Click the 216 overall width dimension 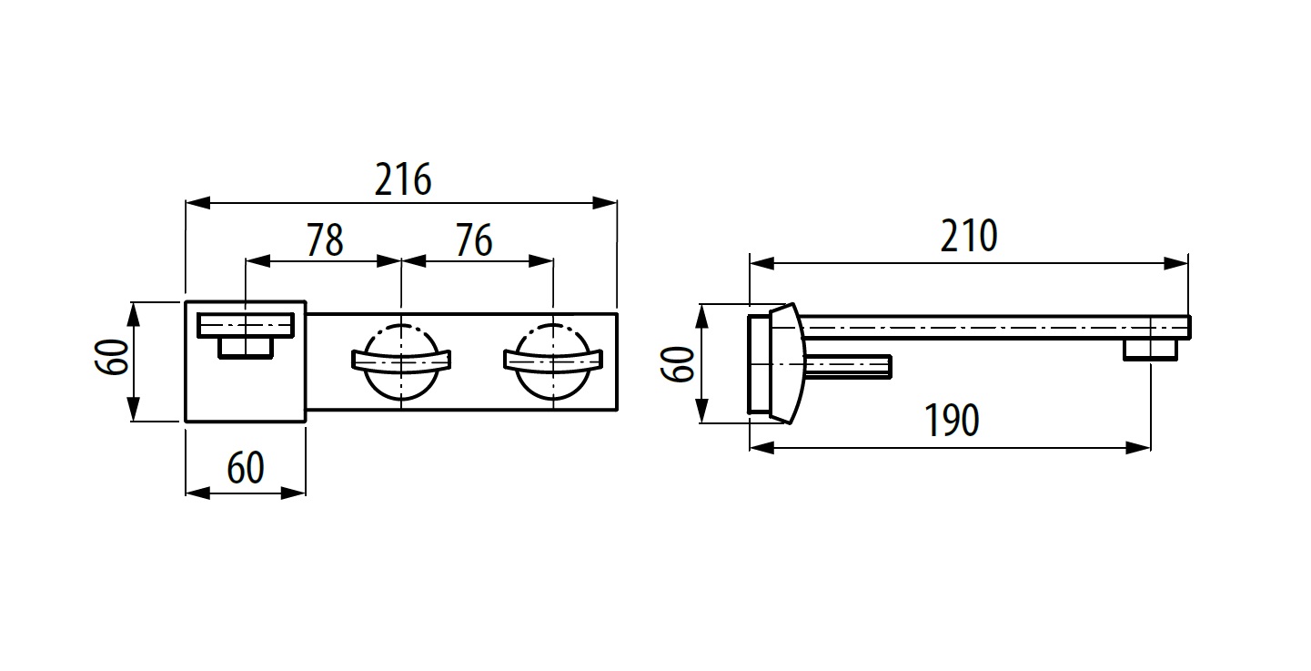[403, 179]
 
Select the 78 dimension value [326, 239]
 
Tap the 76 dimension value [474, 239]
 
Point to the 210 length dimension [969, 236]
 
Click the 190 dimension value [952, 420]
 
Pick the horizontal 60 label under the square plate [246, 467]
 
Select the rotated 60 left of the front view [112, 357]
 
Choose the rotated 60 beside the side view [678, 364]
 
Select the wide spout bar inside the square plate [246, 326]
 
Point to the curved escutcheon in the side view [789, 363]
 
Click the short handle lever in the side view [849, 367]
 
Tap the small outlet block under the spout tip [1150, 350]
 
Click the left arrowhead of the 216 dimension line [197, 203]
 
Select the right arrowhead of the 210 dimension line [1175, 263]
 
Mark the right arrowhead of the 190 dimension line [1138, 448]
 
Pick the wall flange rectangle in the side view [760, 363]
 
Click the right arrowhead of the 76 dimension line [541, 261]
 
